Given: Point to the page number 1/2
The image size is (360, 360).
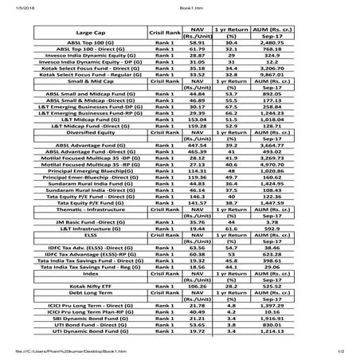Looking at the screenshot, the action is [338, 353].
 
